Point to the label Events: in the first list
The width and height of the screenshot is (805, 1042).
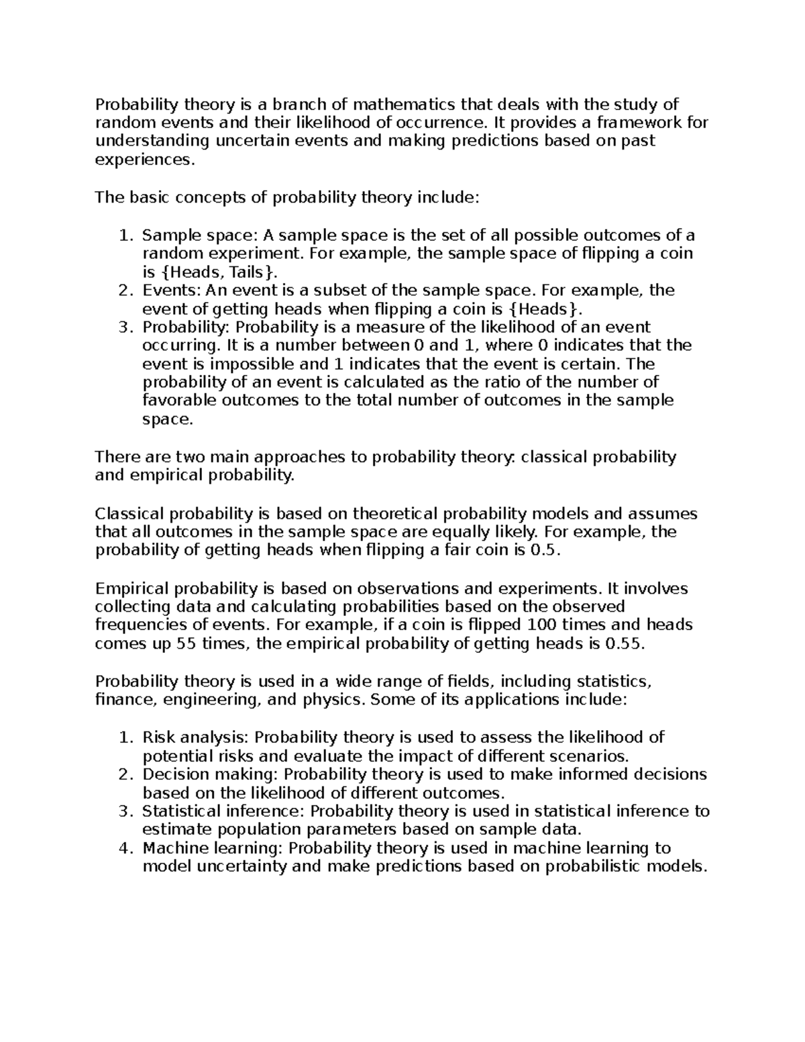pos(172,291)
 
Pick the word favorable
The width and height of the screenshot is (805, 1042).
pos(180,401)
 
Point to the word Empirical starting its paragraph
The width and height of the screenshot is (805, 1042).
pos(132,589)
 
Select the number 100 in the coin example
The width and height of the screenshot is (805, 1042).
pos(542,625)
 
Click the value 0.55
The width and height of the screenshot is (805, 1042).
pos(624,644)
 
